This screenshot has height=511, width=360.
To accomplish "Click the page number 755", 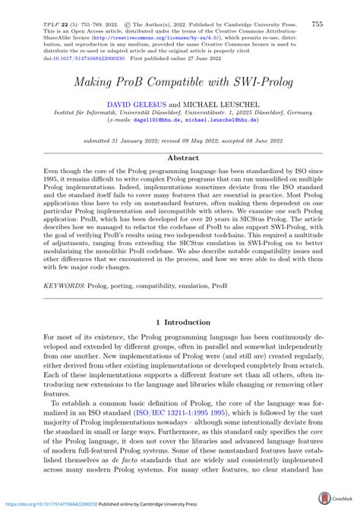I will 317,24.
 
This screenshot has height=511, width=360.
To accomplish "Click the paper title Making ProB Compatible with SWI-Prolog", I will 180,80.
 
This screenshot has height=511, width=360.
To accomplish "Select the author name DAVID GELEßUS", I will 134,102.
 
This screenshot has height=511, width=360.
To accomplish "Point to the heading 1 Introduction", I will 180,323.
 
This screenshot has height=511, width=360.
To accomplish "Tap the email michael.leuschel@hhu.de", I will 232,120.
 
